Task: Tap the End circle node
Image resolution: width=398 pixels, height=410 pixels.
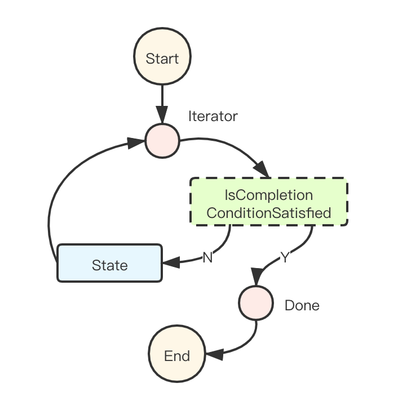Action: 177,355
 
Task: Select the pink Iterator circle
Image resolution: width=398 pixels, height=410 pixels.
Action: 162,140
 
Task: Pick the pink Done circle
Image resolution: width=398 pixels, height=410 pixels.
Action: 256,302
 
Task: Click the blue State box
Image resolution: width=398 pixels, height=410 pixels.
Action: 109,262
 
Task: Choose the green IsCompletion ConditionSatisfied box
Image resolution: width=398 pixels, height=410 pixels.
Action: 269,202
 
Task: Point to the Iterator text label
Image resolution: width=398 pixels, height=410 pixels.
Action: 213,117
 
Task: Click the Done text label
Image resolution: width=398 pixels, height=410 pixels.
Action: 302,305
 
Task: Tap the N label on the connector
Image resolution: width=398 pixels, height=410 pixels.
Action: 207,257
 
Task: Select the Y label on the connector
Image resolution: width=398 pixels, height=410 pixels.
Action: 285,257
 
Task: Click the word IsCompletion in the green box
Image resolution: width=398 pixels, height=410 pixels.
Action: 269,195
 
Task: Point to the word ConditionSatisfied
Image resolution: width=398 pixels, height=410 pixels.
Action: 269,213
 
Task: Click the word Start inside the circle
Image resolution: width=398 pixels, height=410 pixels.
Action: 162,59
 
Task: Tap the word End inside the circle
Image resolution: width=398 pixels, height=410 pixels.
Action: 177,356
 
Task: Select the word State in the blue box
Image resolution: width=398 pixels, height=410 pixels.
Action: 109,265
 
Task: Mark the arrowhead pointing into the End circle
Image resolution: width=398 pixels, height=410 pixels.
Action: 213,355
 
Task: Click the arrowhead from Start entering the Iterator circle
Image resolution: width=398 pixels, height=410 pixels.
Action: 162,117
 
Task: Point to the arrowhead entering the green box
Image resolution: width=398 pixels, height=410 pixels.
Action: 262,170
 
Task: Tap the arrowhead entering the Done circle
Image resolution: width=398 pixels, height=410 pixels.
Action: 257,279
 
